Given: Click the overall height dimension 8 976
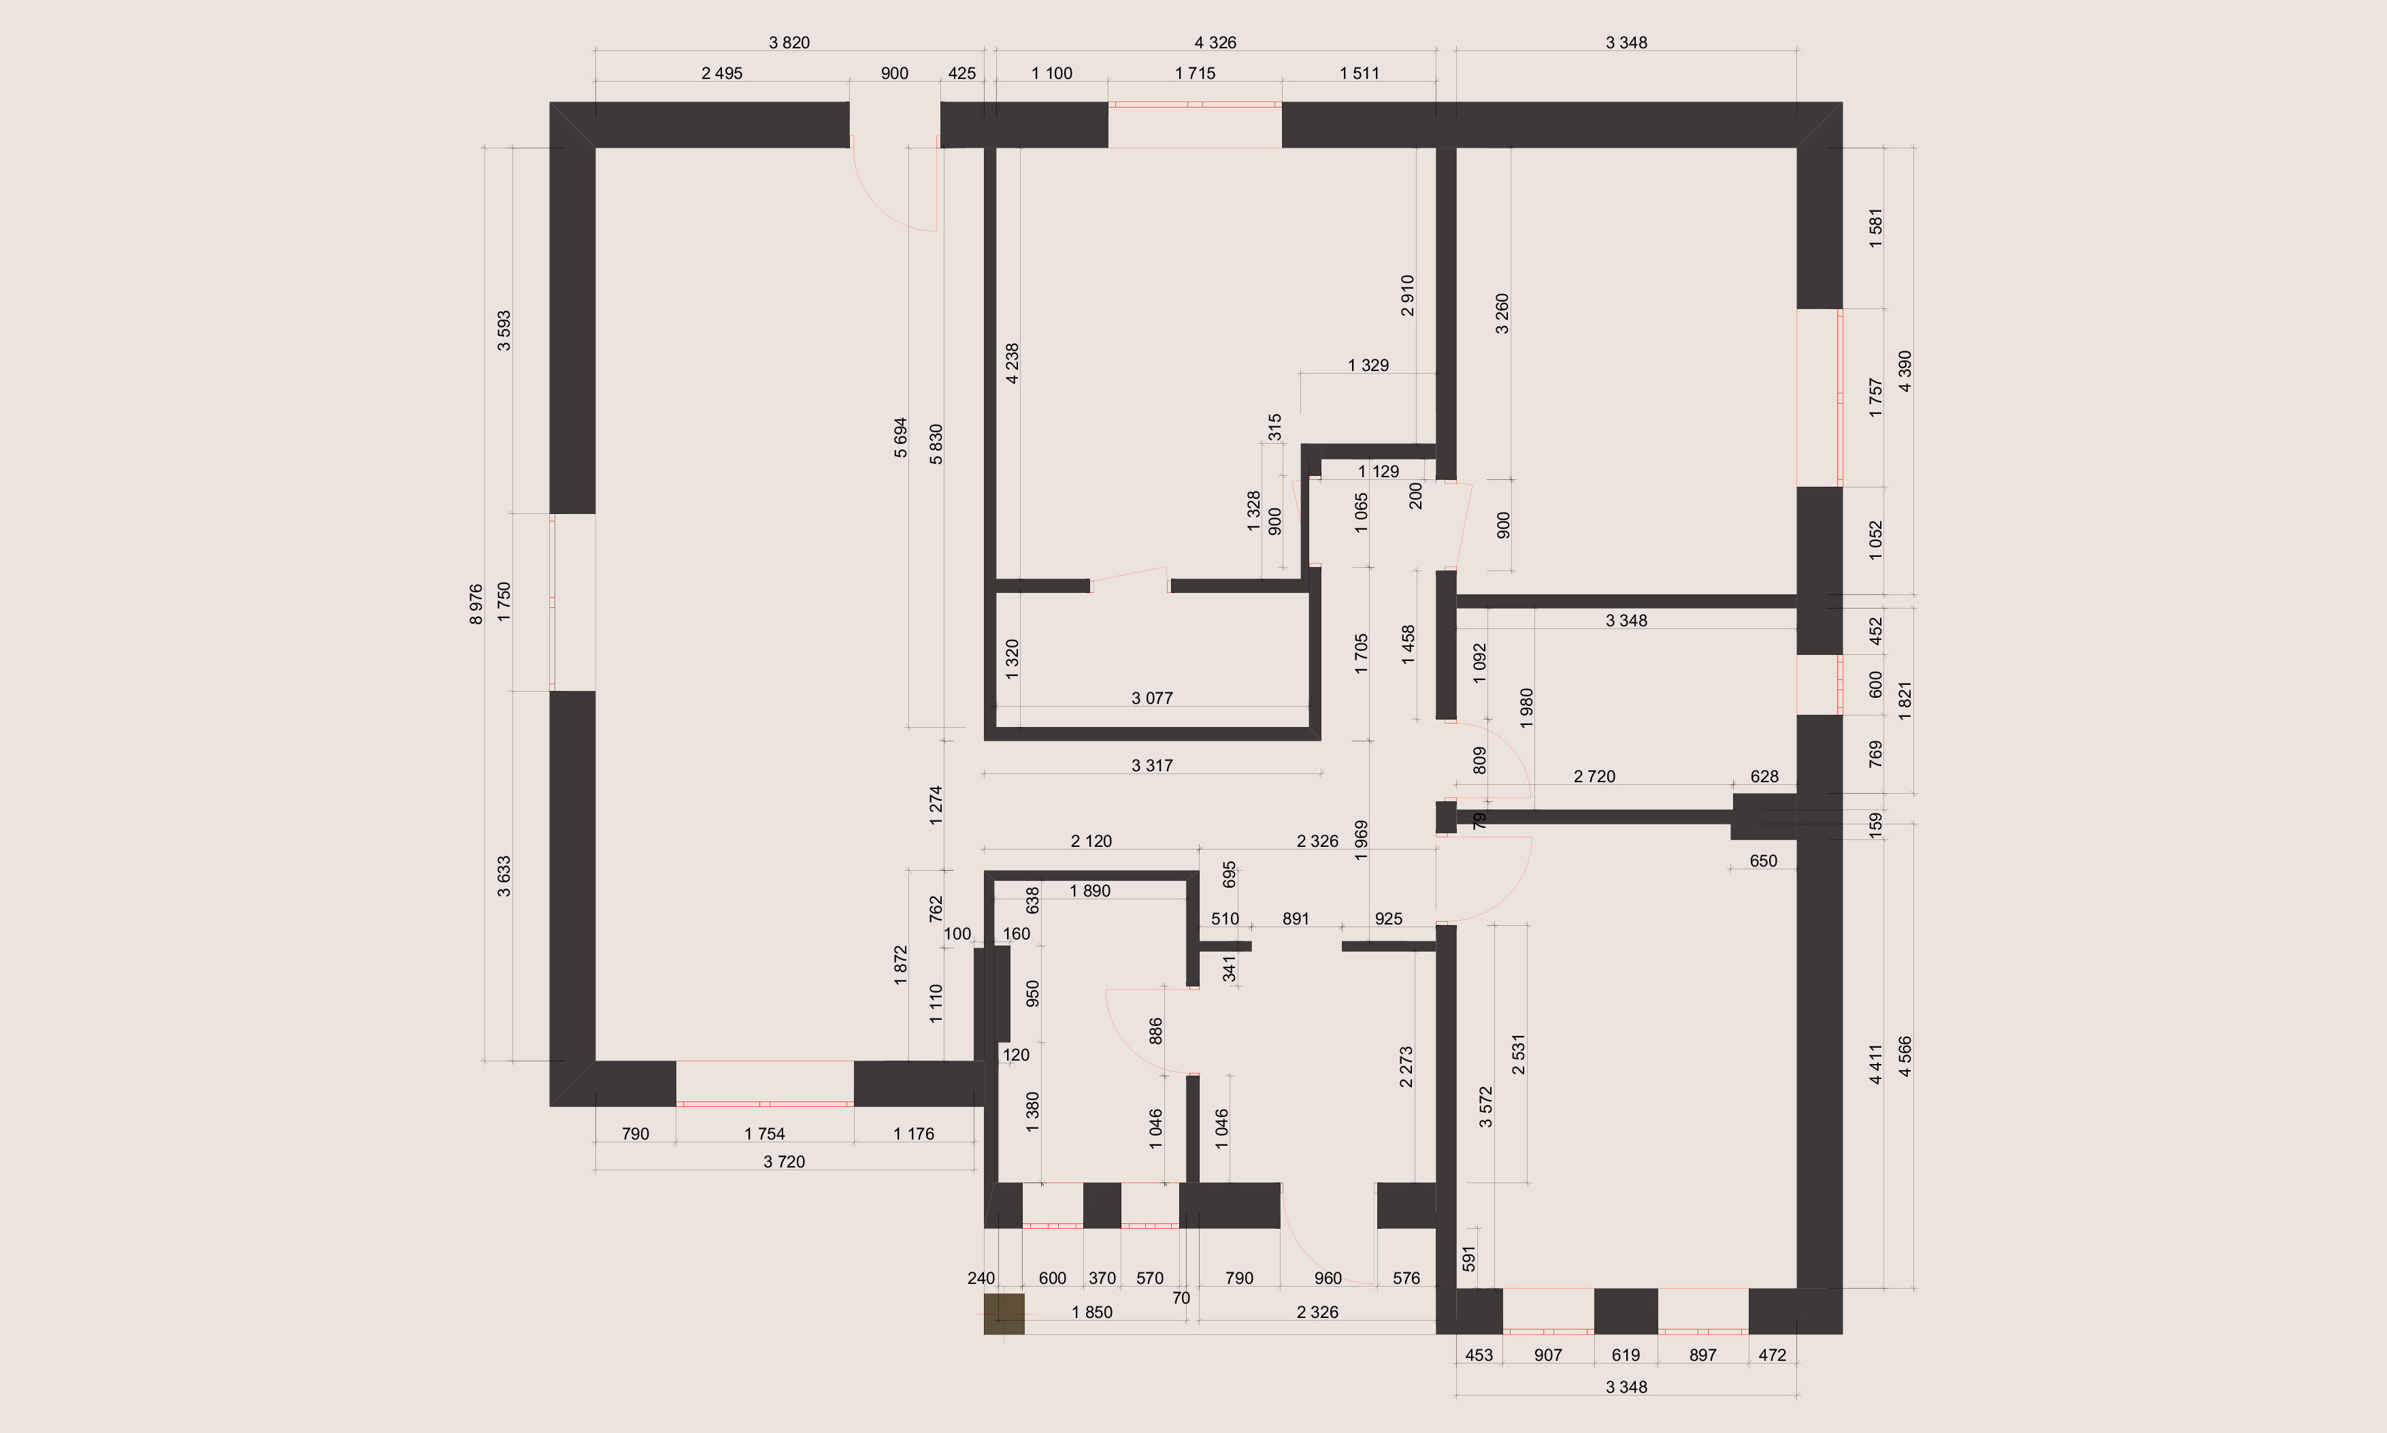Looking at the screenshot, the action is point(476,605).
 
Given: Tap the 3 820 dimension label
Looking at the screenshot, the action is point(789,42).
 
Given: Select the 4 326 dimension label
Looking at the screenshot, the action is point(1215,42).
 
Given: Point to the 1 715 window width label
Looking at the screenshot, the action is point(1195,74).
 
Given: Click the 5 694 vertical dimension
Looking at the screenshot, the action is point(900,438).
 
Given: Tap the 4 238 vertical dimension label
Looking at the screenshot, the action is point(1013,363).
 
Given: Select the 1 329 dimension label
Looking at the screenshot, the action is point(1368,365).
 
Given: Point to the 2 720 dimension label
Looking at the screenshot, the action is point(1594,776).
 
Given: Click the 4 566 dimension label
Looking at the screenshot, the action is point(1905,1057).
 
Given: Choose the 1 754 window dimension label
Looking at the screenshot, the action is point(764,1133).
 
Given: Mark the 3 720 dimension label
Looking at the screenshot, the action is point(784,1161).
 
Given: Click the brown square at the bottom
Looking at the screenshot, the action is point(1004,1315).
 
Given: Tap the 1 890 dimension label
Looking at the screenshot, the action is point(1090,891).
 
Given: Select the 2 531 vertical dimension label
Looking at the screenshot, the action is point(1519,1054).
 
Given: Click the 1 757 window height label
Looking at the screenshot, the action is point(1875,397).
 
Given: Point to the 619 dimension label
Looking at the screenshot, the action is point(1626,1355).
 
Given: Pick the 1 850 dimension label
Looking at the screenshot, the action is point(1091,1313).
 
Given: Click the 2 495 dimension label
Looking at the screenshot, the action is point(722,74).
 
